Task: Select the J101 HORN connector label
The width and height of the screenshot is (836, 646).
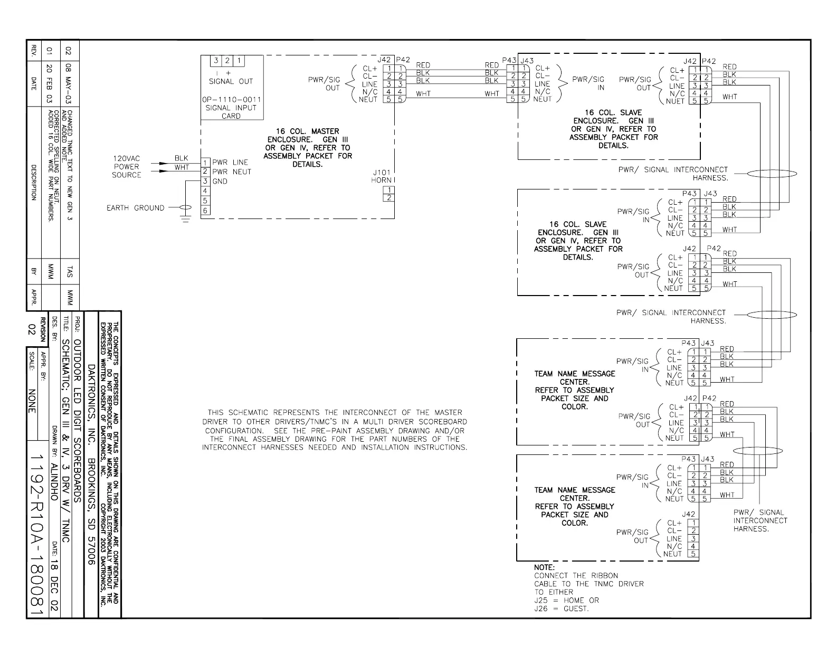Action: pos(381,176)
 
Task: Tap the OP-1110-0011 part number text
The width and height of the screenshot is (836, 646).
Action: pos(231,99)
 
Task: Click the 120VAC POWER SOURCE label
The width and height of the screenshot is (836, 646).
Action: pos(127,167)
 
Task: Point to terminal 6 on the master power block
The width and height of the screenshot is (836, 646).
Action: pos(205,211)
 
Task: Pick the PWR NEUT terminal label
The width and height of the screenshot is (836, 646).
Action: pos(232,172)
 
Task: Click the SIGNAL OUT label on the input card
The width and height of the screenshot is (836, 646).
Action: pos(231,81)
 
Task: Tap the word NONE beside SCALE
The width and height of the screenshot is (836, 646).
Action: pos(32,402)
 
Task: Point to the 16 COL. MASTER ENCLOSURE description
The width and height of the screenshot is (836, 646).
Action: pos(308,147)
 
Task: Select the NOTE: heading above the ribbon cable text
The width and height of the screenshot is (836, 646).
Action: pos(544,567)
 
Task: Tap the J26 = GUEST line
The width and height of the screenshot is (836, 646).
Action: pos(561,609)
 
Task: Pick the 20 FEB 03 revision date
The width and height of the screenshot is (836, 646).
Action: pos(50,83)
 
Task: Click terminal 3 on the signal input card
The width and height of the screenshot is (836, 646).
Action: pos(216,61)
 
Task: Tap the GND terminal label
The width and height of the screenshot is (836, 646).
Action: pos(220,181)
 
